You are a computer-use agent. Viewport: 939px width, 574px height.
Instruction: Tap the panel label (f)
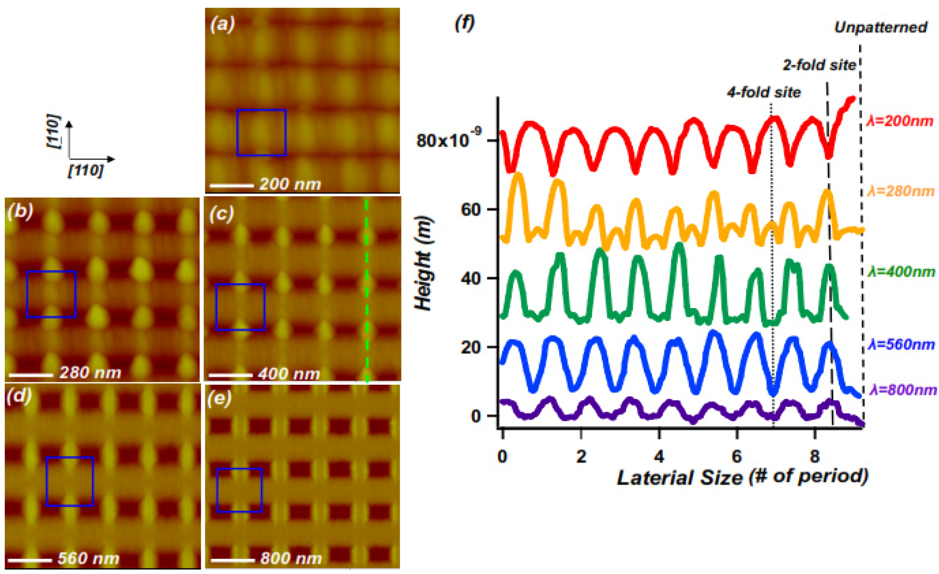465,23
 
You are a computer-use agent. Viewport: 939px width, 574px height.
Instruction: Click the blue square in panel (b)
51,294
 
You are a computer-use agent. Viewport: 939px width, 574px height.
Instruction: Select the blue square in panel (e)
239,490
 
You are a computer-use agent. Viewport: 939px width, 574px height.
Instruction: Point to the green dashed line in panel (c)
367,290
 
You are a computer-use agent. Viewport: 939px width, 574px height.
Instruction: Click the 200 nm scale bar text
290,185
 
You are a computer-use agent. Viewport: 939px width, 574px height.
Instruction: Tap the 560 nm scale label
88,559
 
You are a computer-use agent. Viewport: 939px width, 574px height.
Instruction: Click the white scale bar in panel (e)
232,560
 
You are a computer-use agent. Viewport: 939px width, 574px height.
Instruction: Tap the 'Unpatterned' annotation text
881,28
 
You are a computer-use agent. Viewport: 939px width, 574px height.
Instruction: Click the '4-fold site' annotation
764,93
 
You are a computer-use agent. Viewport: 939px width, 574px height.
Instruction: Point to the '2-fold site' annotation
819,65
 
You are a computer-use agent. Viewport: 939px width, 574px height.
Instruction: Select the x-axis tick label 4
658,456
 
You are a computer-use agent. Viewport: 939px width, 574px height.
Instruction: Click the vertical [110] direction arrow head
69,123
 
